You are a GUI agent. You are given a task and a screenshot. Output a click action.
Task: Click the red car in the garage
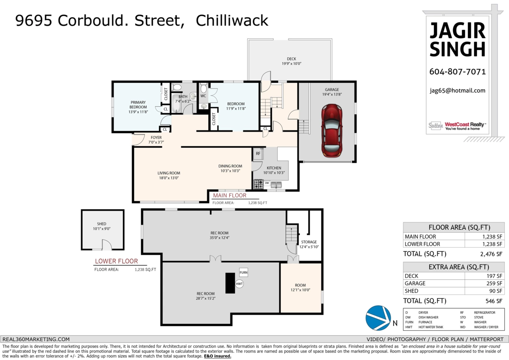pyautogui.click(x=332, y=131)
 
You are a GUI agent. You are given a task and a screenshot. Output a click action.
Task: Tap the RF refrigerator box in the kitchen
pyautogui.click(x=258, y=154)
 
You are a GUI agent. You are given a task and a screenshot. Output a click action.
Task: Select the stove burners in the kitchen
pyautogui.click(x=258, y=184)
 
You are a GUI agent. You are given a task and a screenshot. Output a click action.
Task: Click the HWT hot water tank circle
pyautogui.click(x=239, y=284)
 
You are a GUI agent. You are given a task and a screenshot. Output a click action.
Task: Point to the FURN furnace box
pyautogui.click(x=243, y=272)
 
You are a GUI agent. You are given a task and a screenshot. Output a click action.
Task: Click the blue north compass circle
pyautogui.click(x=378, y=318)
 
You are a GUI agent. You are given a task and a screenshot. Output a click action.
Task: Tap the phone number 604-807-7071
pyautogui.click(x=457, y=72)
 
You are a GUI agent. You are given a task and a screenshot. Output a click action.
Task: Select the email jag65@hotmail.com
pyautogui.click(x=457, y=90)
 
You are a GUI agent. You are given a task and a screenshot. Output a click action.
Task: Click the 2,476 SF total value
pyautogui.click(x=491, y=254)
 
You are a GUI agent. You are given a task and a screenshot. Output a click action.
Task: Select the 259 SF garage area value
pyautogui.click(x=494, y=283)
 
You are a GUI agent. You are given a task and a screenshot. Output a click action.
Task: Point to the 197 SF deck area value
pyautogui.click(x=494, y=276)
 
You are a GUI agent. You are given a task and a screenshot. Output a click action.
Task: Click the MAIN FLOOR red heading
pyautogui.click(x=229, y=195)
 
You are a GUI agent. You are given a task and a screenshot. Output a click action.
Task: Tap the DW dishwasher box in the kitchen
pyautogui.click(x=267, y=183)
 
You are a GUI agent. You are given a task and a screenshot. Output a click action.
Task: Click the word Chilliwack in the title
pyautogui.click(x=232, y=20)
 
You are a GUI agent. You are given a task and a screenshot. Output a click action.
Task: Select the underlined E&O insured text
pyautogui.click(x=218, y=356)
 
